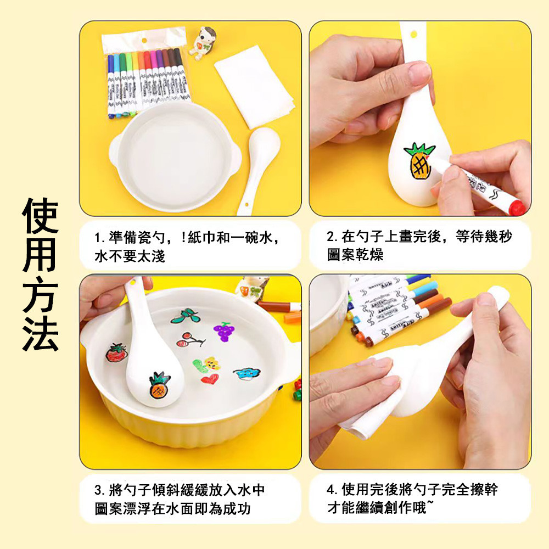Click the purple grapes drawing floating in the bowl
click(x=224, y=331)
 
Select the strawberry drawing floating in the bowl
click(x=116, y=352)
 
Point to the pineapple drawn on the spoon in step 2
click(x=419, y=161)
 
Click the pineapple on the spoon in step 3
click(x=159, y=385)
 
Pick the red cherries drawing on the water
click(x=190, y=340)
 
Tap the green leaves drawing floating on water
click(x=186, y=316)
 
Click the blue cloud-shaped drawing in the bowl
click(x=247, y=373)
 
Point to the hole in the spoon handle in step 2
click(x=413, y=35)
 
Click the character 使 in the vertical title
click(x=40, y=216)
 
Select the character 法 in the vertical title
click(x=40, y=333)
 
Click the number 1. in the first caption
click(x=100, y=238)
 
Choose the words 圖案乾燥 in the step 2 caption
click(x=355, y=255)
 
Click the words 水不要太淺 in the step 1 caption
click(x=130, y=256)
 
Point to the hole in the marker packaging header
click(x=144, y=41)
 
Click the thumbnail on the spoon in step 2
click(x=419, y=73)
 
